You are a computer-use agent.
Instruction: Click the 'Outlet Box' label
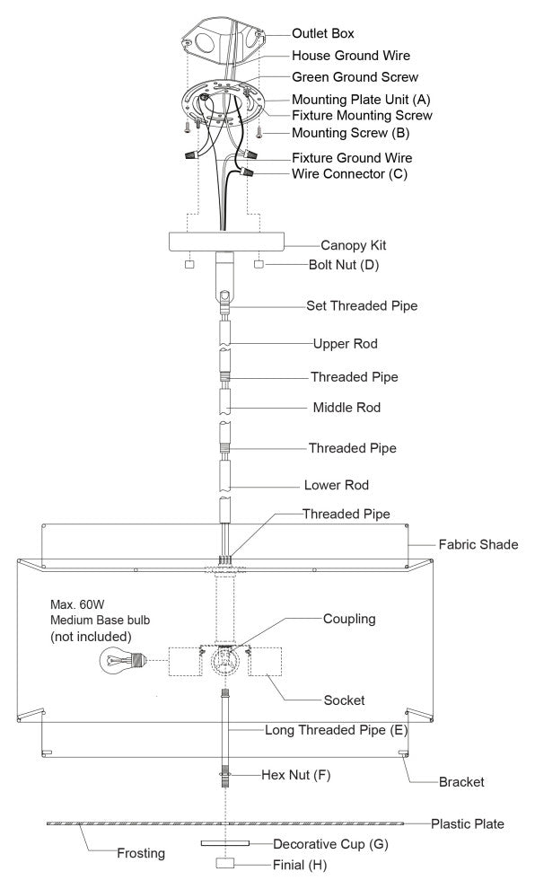pos(322,33)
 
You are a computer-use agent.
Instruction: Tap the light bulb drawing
pos(123,661)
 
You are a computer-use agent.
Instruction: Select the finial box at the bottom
pos(225,864)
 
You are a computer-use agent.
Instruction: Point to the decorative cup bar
pos(225,843)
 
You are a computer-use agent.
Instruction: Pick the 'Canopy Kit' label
pos(353,245)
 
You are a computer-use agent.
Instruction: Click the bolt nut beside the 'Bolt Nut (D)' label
pos(259,264)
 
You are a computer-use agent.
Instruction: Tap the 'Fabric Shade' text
pos(478,545)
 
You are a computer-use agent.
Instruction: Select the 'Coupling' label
pos(349,619)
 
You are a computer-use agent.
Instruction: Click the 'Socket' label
pos(344,700)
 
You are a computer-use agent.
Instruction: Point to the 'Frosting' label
pos(141,853)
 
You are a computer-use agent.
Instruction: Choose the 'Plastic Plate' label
pos(468,823)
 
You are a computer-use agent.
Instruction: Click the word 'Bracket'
pos(461,782)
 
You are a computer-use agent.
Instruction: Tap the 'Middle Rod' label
pos(346,408)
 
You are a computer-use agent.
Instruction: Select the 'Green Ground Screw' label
pos(355,77)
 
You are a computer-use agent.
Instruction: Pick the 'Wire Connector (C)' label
pos(350,174)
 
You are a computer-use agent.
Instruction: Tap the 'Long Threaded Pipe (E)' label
pos(336,730)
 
